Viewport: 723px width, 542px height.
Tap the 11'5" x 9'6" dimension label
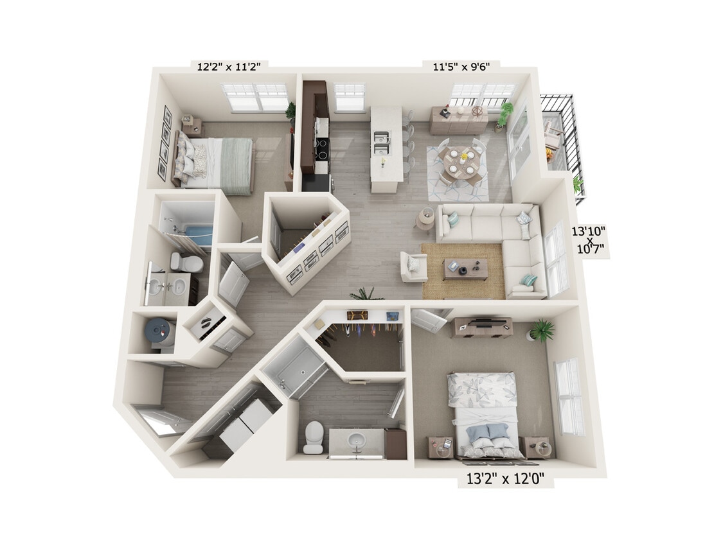tap(461, 65)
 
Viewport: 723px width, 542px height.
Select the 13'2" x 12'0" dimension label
tap(505, 478)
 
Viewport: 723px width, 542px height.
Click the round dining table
tap(461, 161)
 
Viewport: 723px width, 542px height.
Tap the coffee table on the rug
tap(465, 268)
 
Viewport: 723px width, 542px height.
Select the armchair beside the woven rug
tap(413, 267)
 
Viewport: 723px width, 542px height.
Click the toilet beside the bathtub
tap(186, 262)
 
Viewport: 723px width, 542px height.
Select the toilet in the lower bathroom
tap(314, 437)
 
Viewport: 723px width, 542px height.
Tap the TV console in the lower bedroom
tap(482, 328)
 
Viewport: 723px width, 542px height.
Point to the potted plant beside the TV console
tap(541, 331)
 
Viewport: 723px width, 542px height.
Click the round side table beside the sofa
tap(425, 218)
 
